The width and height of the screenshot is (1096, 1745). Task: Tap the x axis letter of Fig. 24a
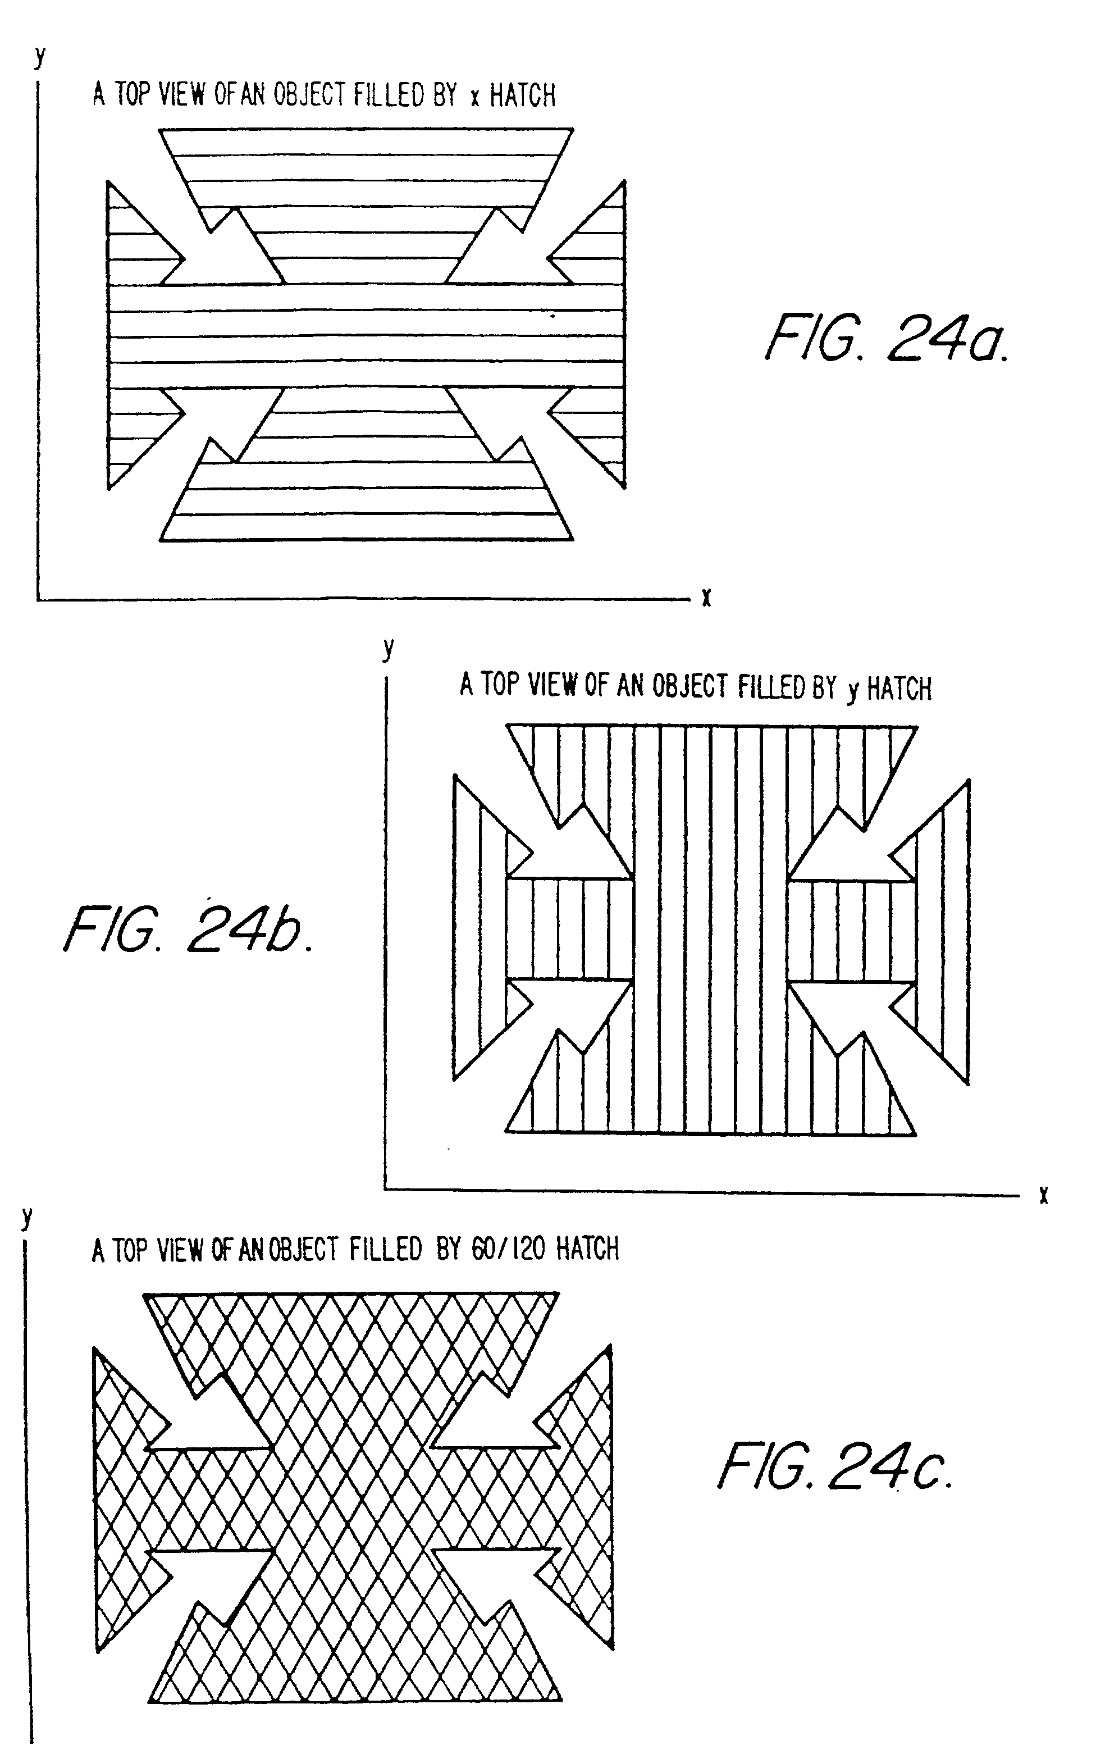pos(706,597)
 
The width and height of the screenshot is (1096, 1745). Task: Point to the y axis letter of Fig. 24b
pos(389,646)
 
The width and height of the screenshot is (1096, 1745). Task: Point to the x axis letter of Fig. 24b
pos(1043,1195)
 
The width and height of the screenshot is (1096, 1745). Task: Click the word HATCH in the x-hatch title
pos(522,95)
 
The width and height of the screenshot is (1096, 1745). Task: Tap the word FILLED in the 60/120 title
pos(385,1249)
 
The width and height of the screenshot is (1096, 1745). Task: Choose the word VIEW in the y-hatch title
pos(551,685)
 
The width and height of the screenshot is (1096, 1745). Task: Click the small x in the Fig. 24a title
pos(474,97)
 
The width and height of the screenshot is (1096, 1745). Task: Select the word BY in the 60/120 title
pos(449,1249)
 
